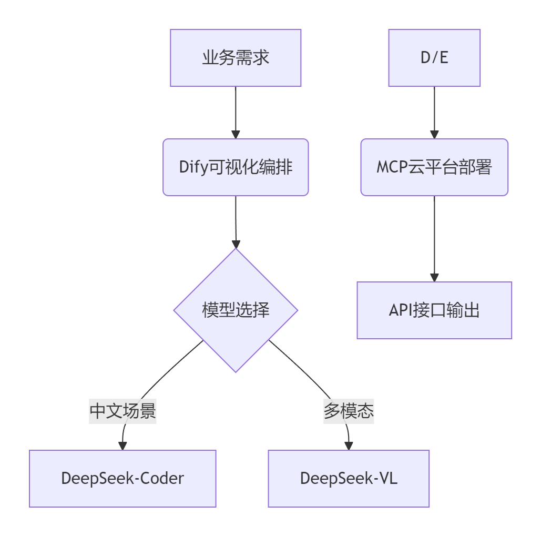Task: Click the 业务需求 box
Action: (x=236, y=58)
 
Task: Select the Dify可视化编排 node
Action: (x=236, y=167)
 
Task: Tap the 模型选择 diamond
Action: (x=236, y=310)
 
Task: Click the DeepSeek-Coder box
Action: (x=123, y=478)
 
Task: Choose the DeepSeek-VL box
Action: (x=349, y=478)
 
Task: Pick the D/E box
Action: (x=434, y=58)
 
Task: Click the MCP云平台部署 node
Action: (x=434, y=167)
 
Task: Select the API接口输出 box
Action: (x=434, y=310)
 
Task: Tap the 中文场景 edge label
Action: (x=123, y=411)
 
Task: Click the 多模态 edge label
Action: (x=349, y=411)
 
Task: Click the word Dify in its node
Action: (x=191, y=168)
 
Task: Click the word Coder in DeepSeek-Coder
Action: (x=164, y=478)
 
